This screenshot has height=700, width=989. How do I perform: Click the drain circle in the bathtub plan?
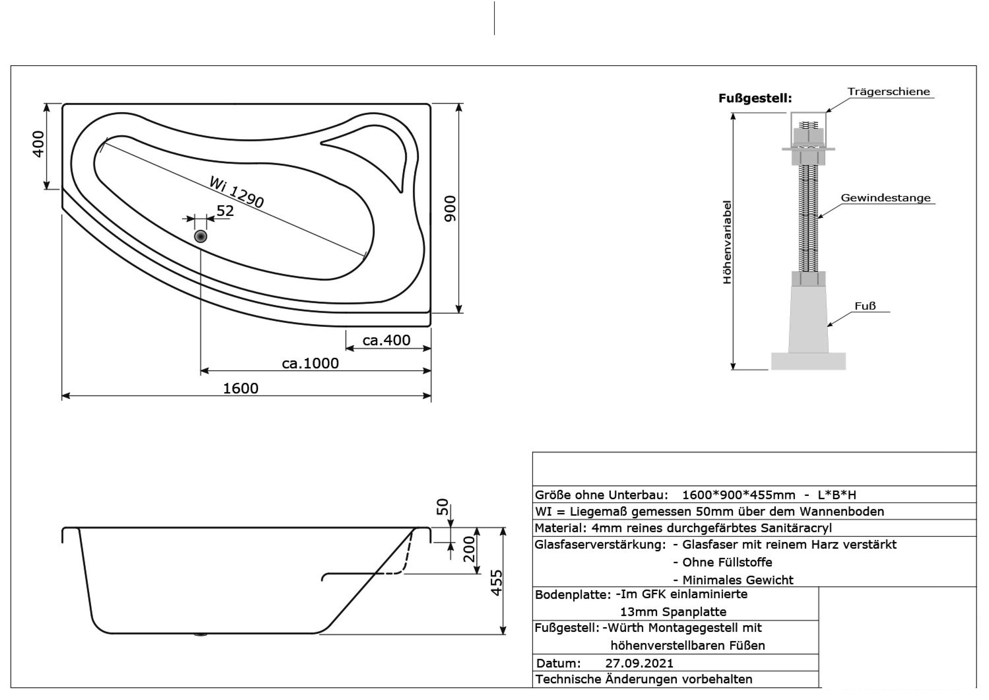tap(201, 236)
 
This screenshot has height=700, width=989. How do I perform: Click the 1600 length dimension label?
tap(241, 388)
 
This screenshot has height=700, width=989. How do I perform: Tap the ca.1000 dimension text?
tap(310, 363)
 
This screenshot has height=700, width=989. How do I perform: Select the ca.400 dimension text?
tap(386, 340)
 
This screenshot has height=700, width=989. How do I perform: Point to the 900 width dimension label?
tap(450, 209)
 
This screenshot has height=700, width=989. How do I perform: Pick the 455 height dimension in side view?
tap(497, 583)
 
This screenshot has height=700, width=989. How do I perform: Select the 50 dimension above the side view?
tap(443, 507)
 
